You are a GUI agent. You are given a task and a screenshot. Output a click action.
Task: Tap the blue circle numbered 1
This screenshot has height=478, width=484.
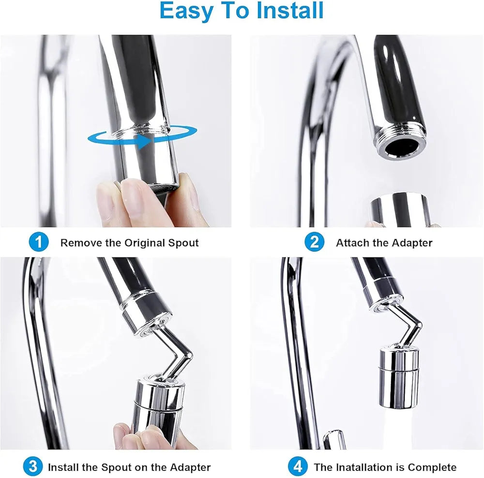39,242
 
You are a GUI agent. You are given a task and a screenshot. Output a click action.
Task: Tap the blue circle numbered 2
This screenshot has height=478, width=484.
314,242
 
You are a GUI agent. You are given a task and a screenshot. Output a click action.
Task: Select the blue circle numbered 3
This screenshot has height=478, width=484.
32,467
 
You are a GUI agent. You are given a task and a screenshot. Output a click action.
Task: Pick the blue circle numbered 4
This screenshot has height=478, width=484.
298,467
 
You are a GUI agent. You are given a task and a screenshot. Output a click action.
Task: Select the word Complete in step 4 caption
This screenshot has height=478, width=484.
432,467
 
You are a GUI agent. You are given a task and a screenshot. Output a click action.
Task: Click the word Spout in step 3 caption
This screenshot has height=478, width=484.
117,467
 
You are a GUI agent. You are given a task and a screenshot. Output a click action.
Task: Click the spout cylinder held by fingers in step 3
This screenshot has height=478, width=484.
158,404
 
